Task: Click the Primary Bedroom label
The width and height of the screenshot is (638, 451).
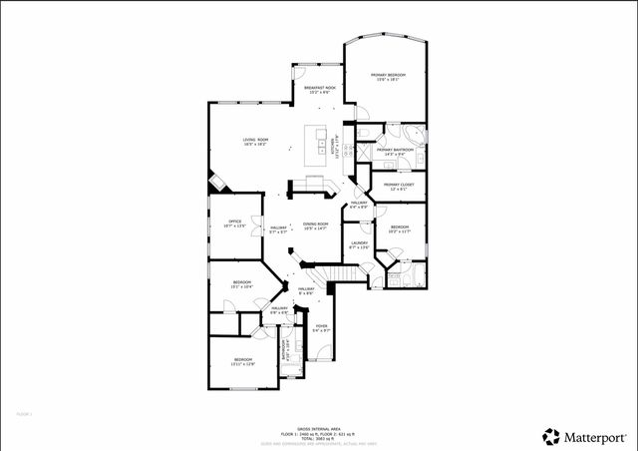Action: (388, 78)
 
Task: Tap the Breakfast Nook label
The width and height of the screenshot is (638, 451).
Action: (319, 90)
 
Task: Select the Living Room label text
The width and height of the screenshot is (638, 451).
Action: (256, 141)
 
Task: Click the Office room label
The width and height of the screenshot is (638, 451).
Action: (235, 224)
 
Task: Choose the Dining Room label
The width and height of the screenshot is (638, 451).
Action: (315, 225)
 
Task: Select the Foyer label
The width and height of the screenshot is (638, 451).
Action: (321, 327)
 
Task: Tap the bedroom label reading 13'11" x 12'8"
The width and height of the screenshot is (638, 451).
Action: (243, 361)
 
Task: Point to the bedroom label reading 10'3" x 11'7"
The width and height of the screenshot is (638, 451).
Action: (400, 229)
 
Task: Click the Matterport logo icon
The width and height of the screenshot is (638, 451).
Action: (551, 435)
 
